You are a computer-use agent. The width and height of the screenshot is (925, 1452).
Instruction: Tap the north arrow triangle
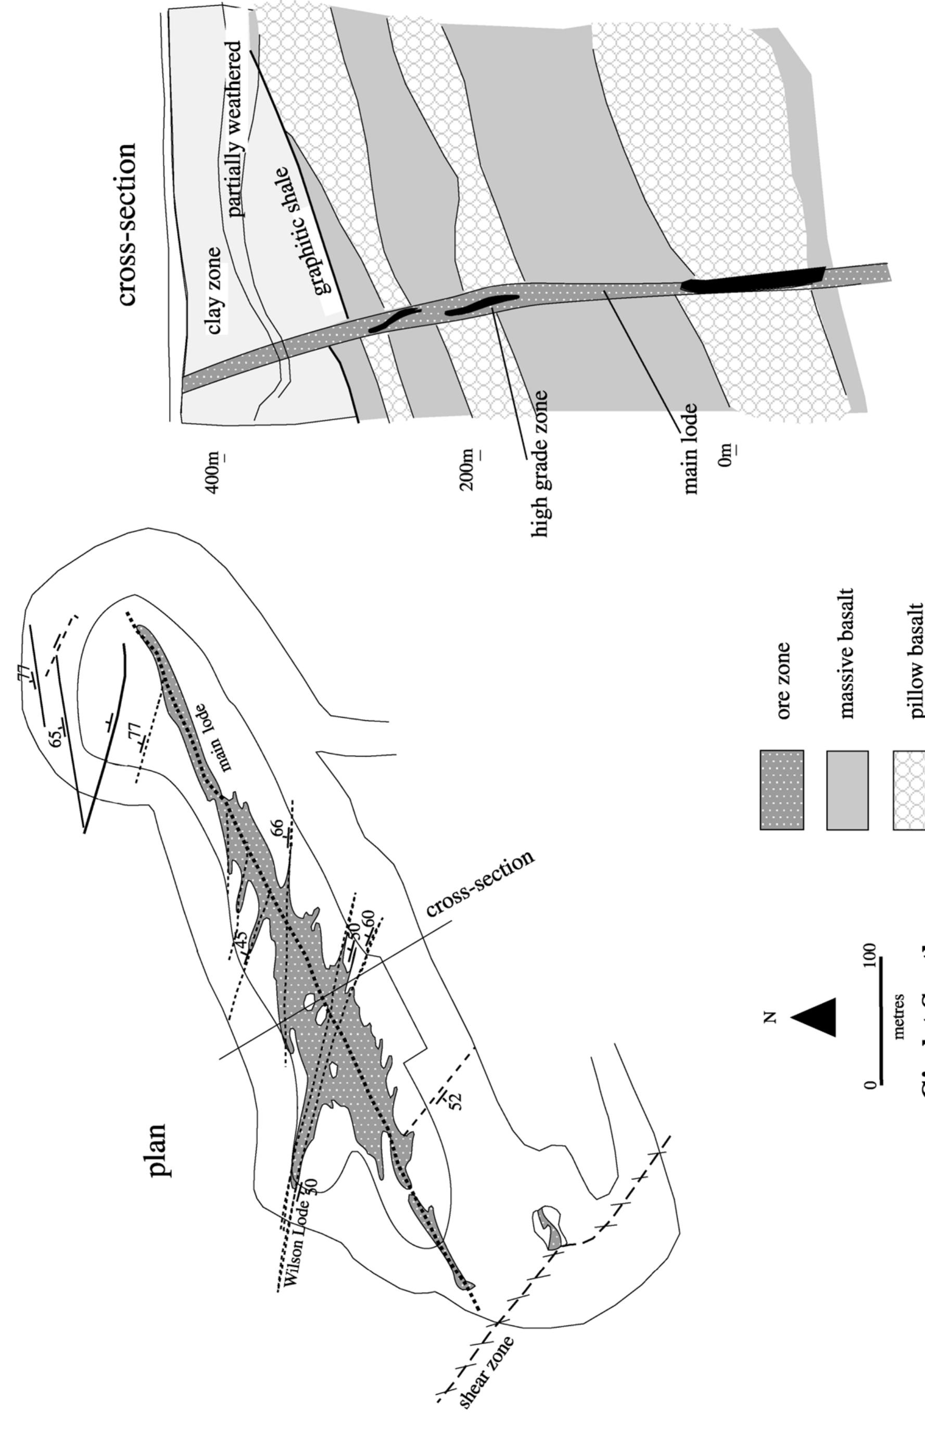coord(815,1017)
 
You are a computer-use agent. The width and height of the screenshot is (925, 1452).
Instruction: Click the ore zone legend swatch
coord(781,790)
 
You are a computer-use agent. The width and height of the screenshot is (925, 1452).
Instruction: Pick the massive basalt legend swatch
coord(847,790)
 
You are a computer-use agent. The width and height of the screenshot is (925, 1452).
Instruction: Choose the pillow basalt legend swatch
coord(909,790)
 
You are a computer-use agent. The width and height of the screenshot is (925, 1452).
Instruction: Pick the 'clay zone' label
coord(214,291)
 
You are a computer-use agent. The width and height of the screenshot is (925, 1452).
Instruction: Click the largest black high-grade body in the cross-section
coord(753,280)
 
